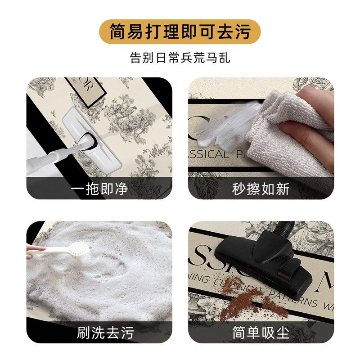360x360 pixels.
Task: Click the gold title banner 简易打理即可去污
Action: [x=180, y=31]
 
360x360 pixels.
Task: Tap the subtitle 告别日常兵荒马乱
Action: [x=180, y=58]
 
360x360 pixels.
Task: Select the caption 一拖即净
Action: [x=100, y=189]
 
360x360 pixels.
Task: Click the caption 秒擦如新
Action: [x=261, y=189]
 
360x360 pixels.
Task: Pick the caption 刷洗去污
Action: [x=100, y=333]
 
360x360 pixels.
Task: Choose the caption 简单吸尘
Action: [x=261, y=333]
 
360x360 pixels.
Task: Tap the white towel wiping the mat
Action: [x=288, y=130]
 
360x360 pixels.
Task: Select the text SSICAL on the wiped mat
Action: [x=211, y=154]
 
